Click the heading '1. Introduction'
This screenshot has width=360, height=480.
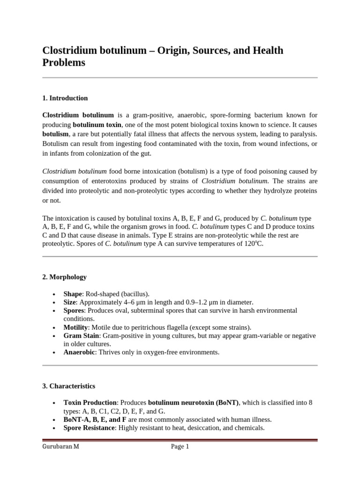click(65, 98)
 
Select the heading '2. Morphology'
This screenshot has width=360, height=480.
click(64, 277)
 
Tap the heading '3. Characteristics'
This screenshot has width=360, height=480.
click(68, 386)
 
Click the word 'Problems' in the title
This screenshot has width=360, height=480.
click(64, 62)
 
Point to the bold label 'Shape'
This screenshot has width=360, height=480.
click(73, 294)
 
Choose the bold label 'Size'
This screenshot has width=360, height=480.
click(70, 302)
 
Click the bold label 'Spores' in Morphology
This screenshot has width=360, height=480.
click(74, 310)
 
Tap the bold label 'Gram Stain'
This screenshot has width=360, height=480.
click(81, 336)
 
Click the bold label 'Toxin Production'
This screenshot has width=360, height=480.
click(90, 403)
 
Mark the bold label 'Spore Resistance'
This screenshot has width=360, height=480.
click(89, 427)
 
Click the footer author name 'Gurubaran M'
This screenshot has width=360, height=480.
click(60, 447)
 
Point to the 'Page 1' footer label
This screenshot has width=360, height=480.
click(180, 447)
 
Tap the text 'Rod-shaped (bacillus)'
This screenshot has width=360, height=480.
click(118, 294)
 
